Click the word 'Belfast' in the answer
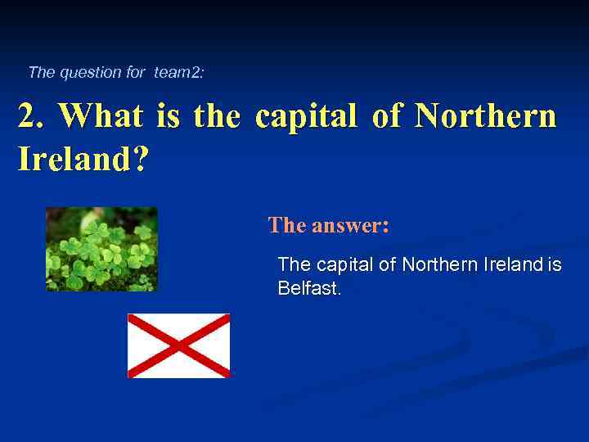tap(308, 288)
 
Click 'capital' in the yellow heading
tap(305, 116)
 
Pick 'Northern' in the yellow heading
tap(485, 116)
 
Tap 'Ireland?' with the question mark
tap(83, 159)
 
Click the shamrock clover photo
tap(101, 249)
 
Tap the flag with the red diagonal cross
tap(178, 345)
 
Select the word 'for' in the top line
tap(136, 72)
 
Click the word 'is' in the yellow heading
tap(167, 116)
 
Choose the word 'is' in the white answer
tap(555, 264)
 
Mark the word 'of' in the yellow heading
tap(385, 116)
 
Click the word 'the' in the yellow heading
tap(217, 116)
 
